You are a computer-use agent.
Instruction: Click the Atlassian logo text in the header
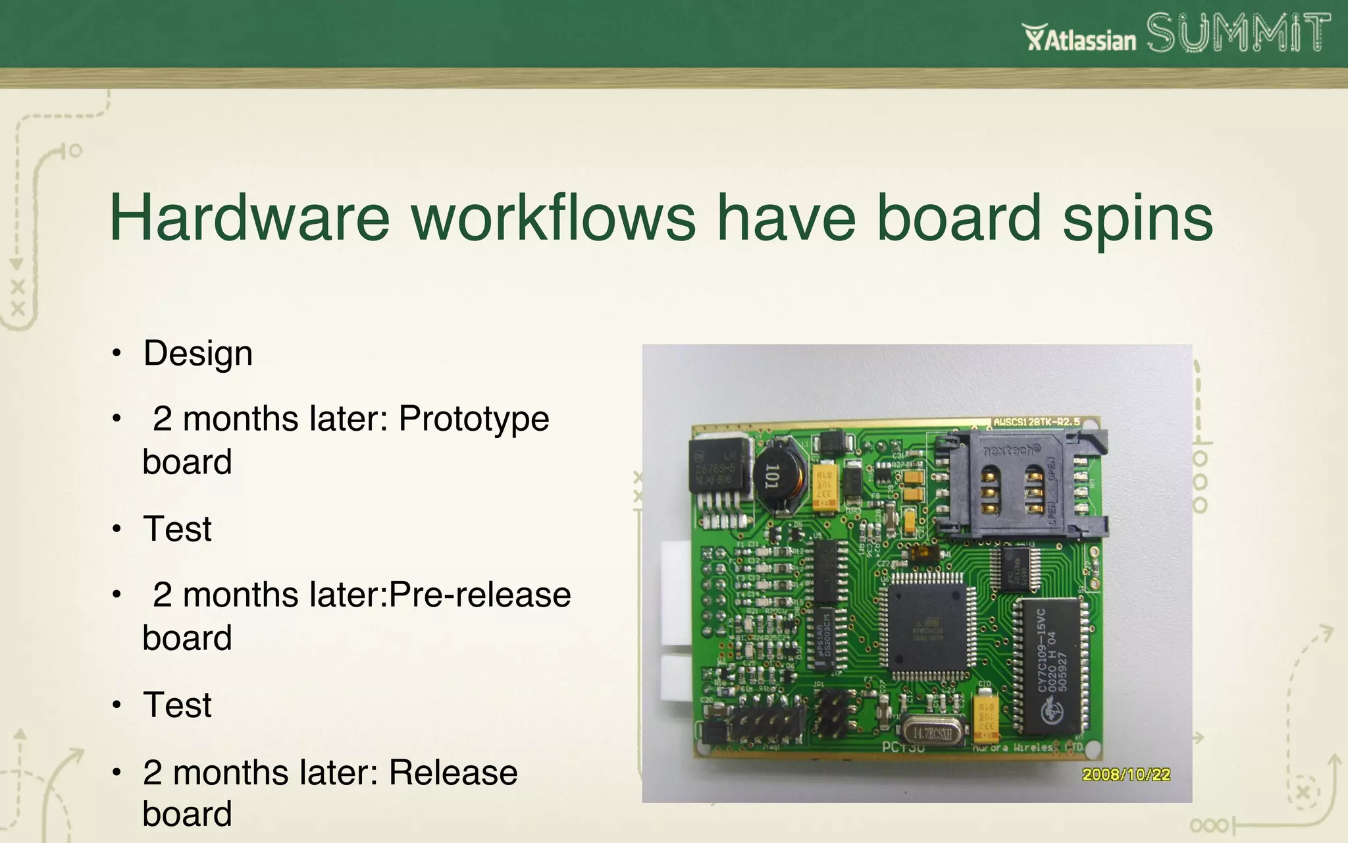pos(1080,39)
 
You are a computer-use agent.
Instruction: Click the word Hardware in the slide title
pos(249,218)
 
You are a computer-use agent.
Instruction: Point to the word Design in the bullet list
pos(198,354)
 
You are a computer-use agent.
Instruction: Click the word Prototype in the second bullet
pos(474,419)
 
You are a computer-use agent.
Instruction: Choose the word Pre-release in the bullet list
pos(480,595)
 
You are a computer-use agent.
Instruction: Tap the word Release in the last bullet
pos(453,773)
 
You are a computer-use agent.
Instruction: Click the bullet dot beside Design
pos(117,354)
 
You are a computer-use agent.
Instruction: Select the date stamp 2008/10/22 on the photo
pos(1126,775)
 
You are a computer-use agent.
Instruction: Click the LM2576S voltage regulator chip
pos(719,466)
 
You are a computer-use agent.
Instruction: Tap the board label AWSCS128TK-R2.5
pos(1036,421)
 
